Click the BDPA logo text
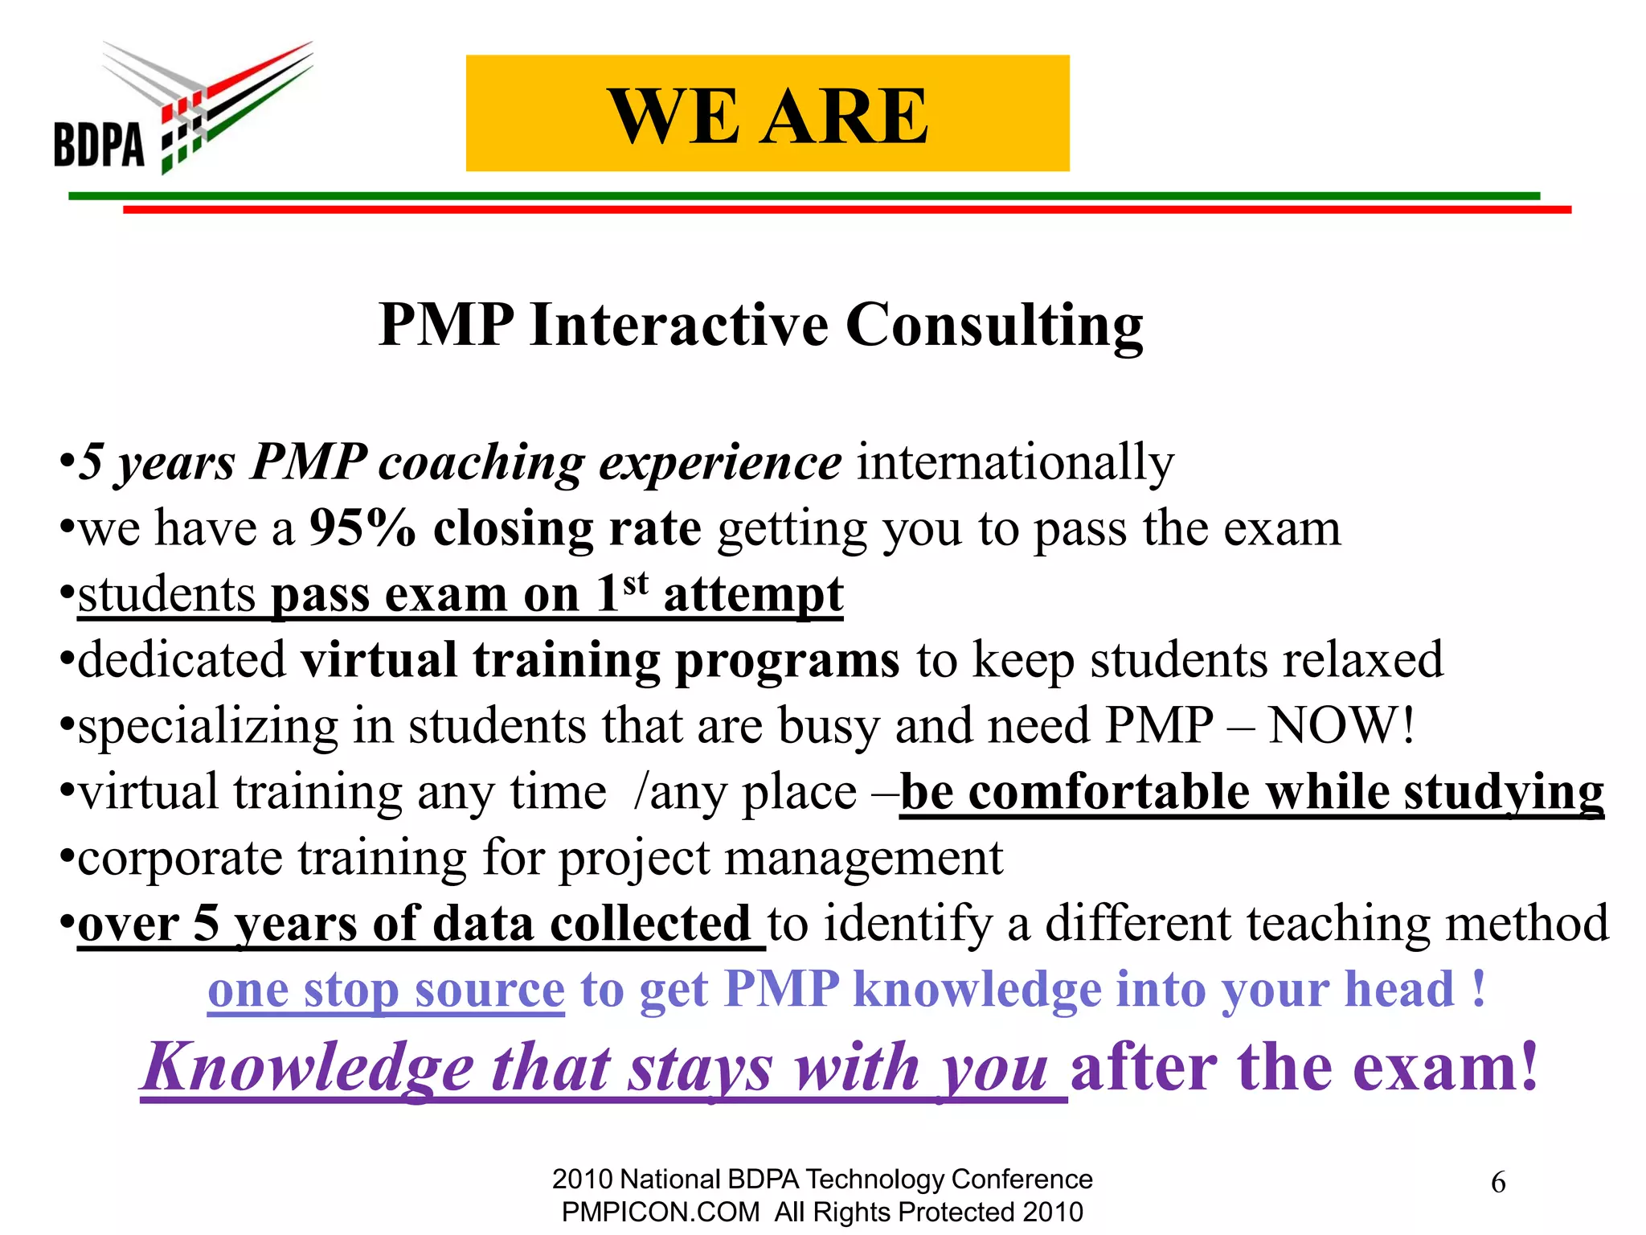point(99,145)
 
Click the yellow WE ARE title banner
point(768,113)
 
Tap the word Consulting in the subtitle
point(994,326)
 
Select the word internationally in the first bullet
point(1015,462)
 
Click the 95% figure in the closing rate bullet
point(362,528)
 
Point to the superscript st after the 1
point(636,582)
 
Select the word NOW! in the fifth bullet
point(1341,725)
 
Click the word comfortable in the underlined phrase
point(1109,792)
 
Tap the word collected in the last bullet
point(649,924)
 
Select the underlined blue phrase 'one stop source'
point(386,990)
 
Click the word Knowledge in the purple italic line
point(309,1069)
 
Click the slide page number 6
point(1498,1183)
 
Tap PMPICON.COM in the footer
point(661,1212)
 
